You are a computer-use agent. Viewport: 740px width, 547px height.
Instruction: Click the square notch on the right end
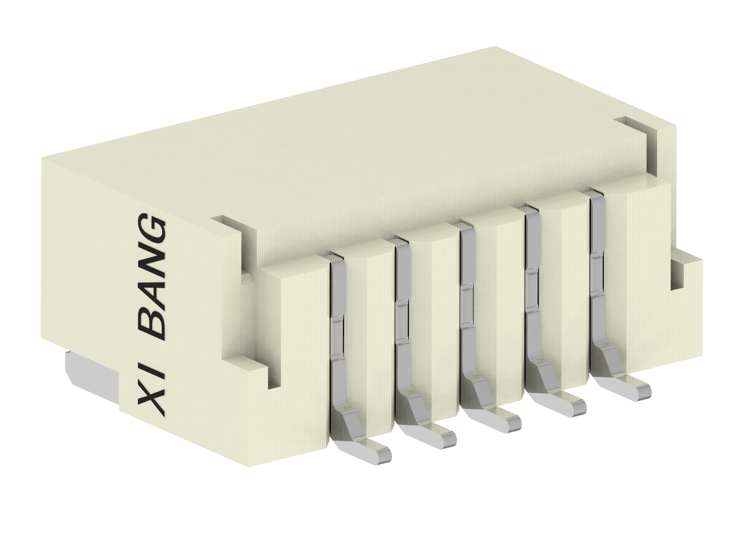point(678,273)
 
